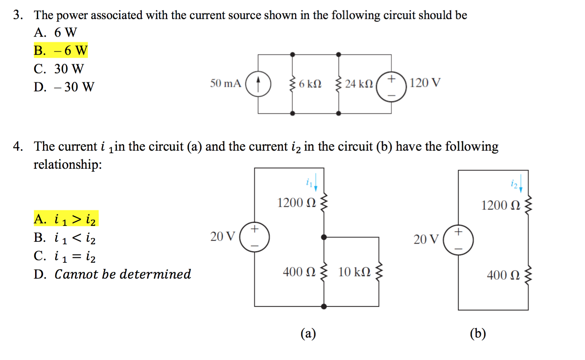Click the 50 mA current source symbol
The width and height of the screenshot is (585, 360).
tap(258, 84)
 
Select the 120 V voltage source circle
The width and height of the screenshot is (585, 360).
tap(391, 87)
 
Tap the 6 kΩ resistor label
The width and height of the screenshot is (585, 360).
tap(310, 84)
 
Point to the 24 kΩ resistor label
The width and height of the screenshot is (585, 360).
tap(359, 84)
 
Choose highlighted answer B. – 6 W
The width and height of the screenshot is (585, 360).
tap(61, 51)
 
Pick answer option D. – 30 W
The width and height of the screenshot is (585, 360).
tap(64, 87)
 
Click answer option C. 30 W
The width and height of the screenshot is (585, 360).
tap(59, 69)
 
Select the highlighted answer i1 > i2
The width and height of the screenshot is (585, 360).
tap(66, 219)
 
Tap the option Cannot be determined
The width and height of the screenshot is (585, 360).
tap(122, 274)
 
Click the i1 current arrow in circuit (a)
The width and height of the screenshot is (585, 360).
tap(316, 183)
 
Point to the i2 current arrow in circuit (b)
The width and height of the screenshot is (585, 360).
tap(520, 184)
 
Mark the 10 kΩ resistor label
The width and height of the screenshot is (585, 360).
tap(354, 272)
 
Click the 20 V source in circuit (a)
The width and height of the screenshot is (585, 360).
tap(255, 237)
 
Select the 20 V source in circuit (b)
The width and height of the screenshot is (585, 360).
tap(458, 240)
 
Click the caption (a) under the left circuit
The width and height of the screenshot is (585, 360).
tap(308, 333)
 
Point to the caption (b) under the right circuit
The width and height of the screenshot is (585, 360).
tap(478, 333)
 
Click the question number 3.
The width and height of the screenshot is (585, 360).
tap(18, 15)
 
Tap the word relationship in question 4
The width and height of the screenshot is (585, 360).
tap(67, 165)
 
